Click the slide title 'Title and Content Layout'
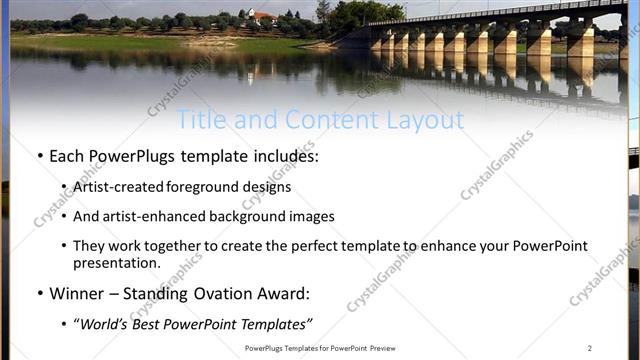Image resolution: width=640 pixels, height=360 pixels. (320, 121)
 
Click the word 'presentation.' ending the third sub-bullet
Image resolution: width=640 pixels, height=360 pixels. (116, 264)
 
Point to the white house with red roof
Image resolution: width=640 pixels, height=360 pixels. (263, 17)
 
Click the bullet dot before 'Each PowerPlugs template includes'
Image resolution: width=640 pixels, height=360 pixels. (39, 157)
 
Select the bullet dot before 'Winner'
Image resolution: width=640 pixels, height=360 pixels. (39, 294)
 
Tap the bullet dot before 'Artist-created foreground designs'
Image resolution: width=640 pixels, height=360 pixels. (64, 187)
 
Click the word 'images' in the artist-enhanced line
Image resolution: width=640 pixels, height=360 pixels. (313, 216)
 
